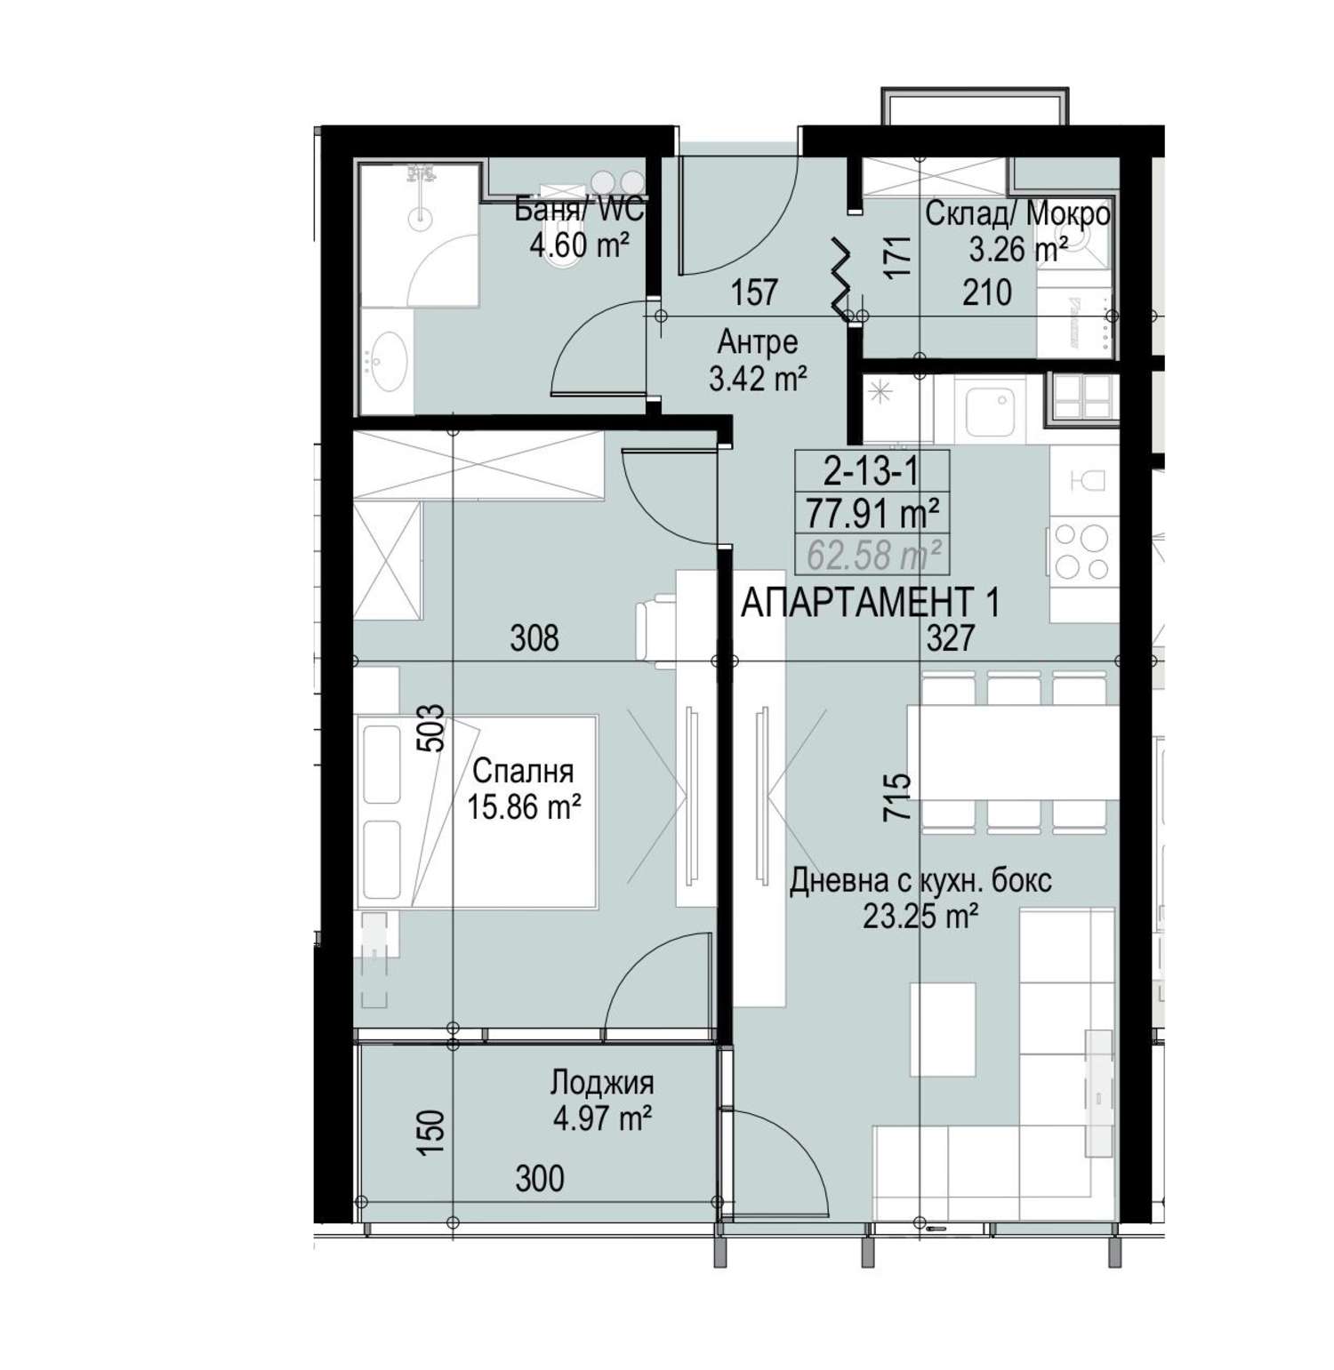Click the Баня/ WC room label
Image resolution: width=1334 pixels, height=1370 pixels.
click(x=580, y=212)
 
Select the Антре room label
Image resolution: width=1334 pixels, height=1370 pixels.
click(x=758, y=341)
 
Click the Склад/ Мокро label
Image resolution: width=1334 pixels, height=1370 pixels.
click(x=1017, y=214)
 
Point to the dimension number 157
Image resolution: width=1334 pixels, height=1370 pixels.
click(x=755, y=292)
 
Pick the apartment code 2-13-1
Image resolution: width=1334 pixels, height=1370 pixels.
click(x=872, y=471)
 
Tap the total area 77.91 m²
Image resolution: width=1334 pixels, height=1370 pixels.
click(x=872, y=513)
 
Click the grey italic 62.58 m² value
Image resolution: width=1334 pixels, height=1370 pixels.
click(x=874, y=556)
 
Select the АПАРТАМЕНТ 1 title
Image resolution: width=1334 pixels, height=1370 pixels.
click(x=871, y=604)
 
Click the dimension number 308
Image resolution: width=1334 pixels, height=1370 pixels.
click(x=534, y=637)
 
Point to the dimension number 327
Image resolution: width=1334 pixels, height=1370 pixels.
click(x=951, y=637)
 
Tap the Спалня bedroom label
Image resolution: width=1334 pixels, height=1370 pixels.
click(x=523, y=770)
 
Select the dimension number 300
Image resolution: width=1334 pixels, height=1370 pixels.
click(x=540, y=1178)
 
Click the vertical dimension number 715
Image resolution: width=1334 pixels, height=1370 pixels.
click(x=898, y=797)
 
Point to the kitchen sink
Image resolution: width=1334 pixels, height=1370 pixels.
click(x=990, y=412)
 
